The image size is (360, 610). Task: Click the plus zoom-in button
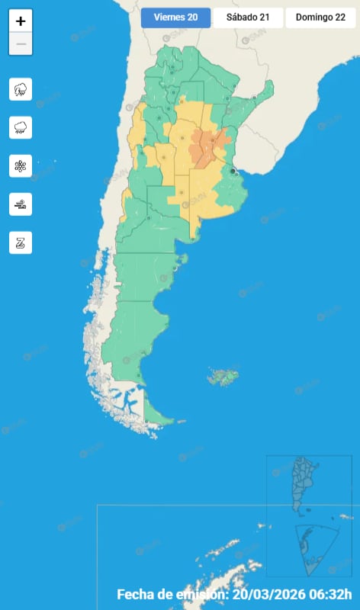coord(21,21)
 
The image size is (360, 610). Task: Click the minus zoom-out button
coord(21,44)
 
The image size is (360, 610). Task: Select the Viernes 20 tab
coord(175,18)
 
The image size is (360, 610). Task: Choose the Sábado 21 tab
coord(248,18)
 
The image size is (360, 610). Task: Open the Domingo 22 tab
coord(320,18)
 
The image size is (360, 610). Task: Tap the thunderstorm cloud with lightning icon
coord(21,89)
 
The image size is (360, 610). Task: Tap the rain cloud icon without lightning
coord(21,127)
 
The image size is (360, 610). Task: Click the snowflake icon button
coord(21,165)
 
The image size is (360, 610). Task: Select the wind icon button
coord(21,204)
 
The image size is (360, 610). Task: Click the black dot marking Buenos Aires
coord(233,172)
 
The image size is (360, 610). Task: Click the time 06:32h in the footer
coord(336,595)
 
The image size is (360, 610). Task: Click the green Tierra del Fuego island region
coord(156,416)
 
